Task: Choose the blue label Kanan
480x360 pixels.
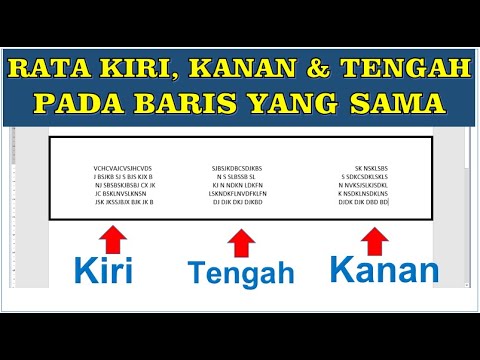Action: pos(383,270)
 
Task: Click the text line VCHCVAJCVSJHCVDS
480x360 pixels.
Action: pos(123,168)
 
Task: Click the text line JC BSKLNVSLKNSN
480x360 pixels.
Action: pos(122,193)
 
